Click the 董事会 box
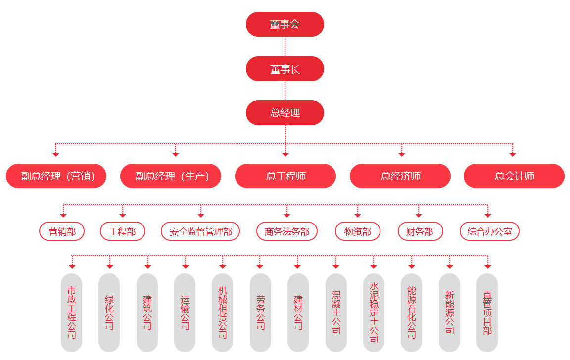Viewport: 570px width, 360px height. click(285, 24)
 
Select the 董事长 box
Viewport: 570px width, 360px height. click(285, 69)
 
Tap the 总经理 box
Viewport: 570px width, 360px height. click(285, 113)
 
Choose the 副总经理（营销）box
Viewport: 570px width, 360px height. click(56, 176)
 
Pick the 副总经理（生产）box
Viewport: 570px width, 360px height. click(170, 176)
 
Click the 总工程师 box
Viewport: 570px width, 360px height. click(285, 176)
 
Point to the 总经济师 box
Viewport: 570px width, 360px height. click(400, 176)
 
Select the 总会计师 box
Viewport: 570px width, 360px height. click(514, 176)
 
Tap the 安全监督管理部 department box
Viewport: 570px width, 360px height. click(200, 231)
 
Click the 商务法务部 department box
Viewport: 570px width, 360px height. click(286, 231)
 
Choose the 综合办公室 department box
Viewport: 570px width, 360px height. click(489, 231)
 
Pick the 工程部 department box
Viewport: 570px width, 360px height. click(123, 231)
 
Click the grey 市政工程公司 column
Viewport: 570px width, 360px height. click(71, 313)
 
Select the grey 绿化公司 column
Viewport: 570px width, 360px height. click(109, 313)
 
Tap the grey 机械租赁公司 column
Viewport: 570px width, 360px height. click(222, 313)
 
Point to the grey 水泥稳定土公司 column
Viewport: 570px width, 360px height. click(374, 313)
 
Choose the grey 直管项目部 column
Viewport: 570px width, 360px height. click(487, 313)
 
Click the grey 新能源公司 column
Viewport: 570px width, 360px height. click(449, 313)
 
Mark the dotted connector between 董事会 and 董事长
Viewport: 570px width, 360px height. click(285, 46)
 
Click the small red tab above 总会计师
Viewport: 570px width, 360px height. click(513, 155)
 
